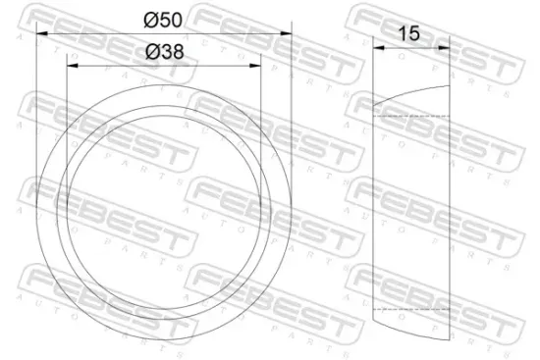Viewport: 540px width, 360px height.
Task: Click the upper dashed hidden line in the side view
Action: pos(412,116)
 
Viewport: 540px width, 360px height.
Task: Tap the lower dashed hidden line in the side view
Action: pos(412,308)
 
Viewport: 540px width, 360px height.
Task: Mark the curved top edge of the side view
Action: pos(412,94)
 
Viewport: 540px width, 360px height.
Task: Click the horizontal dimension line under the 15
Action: pos(412,44)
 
